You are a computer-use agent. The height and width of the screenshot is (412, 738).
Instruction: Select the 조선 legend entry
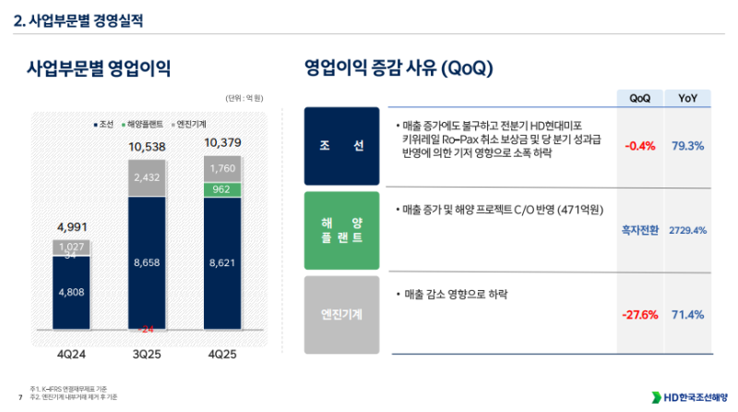(102, 123)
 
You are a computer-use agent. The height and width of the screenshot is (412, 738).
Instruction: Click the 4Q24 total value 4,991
(71, 226)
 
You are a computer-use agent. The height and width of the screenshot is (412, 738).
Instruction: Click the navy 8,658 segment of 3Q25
(148, 263)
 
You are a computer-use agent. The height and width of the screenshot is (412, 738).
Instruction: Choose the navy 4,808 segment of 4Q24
(71, 293)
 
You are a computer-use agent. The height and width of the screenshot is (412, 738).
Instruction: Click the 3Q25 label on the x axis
(147, 354)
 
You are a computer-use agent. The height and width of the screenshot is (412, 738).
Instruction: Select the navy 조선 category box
(340, 146)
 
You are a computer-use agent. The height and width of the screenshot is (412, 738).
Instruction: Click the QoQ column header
(639, 98)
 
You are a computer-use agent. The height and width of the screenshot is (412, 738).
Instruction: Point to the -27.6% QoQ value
(640, 315)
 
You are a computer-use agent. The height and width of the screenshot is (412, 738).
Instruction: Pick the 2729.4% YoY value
(687, 230)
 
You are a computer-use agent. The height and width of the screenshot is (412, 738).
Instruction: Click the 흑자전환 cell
(640, 230)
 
